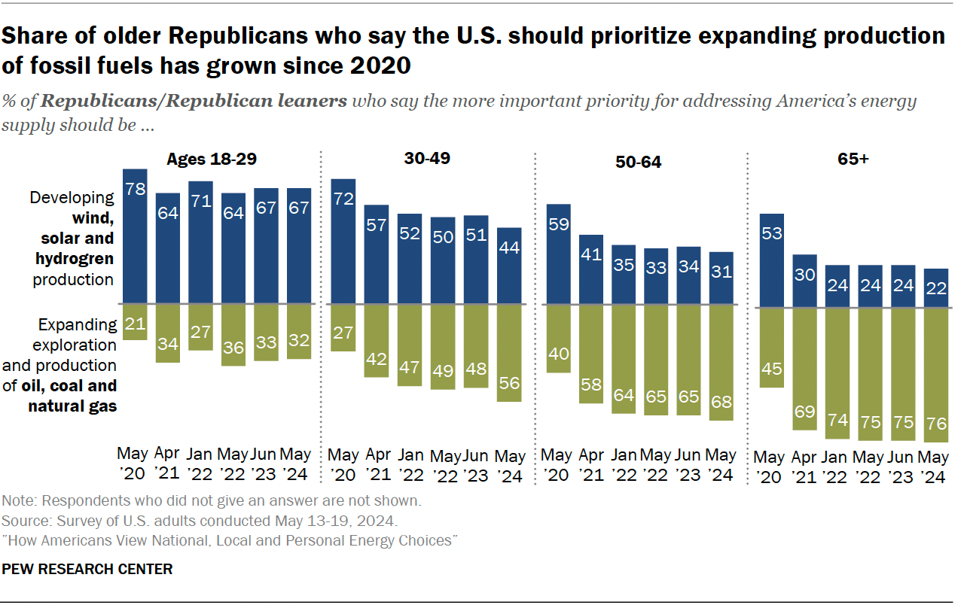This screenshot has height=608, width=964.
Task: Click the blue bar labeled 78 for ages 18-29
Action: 135,236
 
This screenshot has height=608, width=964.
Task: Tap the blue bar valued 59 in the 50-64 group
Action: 558,254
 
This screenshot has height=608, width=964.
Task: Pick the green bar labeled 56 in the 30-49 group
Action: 509,353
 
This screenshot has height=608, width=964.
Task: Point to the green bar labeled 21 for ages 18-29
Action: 135,322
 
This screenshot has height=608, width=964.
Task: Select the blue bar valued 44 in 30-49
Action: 509,266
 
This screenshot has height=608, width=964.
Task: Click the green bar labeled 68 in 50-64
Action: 721,363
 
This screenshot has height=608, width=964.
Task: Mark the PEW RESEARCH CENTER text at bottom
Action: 87,569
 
